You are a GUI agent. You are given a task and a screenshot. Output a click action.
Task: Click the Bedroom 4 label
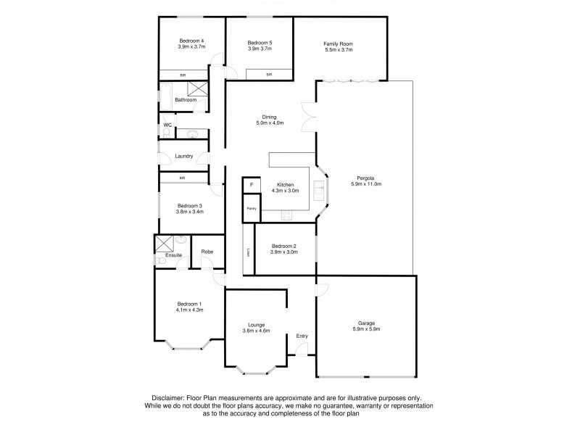[x=191, y=41]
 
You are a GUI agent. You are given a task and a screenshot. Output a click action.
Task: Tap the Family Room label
[x=337, y=44]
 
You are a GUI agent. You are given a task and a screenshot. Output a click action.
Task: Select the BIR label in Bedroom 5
[x=268, y=74]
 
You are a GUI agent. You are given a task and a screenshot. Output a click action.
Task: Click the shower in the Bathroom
[x=197, y=89]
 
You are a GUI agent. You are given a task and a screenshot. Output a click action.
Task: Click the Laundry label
[x=183, y=156]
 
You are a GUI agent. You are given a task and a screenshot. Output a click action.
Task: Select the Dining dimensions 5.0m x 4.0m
[x=269, y=123]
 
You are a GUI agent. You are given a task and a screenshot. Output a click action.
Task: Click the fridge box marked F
[x=251, y=186]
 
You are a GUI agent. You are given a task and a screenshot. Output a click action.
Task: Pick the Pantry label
[x=251, y=209]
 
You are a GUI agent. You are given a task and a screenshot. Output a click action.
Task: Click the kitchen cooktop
[x=286, y=215]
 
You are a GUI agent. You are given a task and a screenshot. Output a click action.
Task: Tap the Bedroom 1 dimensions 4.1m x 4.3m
[x=188, y=310]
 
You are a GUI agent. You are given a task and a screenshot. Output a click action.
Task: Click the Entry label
[x=302, y=336]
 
